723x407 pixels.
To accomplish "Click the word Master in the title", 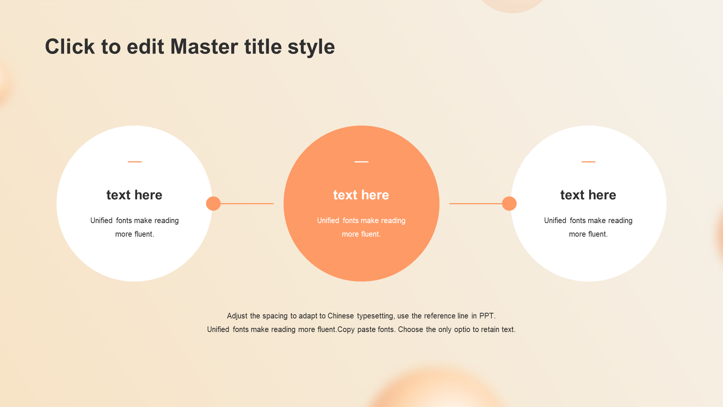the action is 204,47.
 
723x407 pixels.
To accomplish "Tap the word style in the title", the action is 311,48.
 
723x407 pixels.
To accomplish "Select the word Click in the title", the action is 70,47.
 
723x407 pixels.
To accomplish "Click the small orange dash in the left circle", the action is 134,162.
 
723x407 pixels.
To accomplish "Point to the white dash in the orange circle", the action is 361,162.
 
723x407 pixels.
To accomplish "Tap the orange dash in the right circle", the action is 588,162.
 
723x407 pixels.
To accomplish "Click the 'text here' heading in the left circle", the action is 134,195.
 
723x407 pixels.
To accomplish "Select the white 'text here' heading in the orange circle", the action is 361,195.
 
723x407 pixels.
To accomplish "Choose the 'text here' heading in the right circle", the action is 588,195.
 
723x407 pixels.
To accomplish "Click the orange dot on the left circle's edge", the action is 213,203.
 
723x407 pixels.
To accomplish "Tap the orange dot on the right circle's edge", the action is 509,203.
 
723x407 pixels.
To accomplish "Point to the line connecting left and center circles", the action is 247,203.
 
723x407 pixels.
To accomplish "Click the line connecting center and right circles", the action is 476,203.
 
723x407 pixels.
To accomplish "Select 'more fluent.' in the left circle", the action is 134,234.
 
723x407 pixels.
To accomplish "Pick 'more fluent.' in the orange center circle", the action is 361,234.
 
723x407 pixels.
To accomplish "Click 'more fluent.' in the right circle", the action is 588,234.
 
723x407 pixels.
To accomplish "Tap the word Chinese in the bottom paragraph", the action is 341,316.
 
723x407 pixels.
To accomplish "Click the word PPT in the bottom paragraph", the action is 487,316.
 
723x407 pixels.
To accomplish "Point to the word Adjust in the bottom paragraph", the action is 237,316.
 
